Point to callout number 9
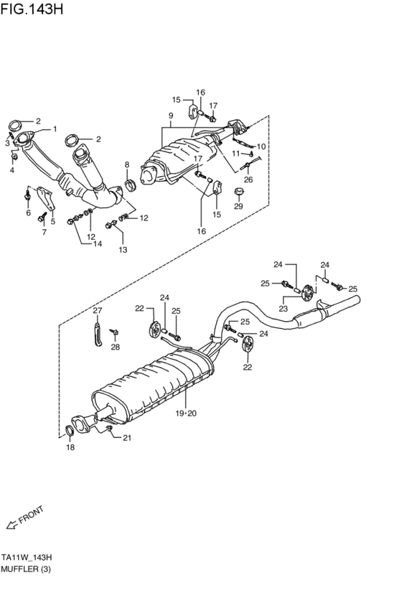171,116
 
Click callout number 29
238,206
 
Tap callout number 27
98,311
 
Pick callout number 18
70,447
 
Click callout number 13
122,249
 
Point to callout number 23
283,308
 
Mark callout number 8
127,165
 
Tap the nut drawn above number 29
238,192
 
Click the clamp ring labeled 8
130,188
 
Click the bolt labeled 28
114,331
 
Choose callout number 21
127,437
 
